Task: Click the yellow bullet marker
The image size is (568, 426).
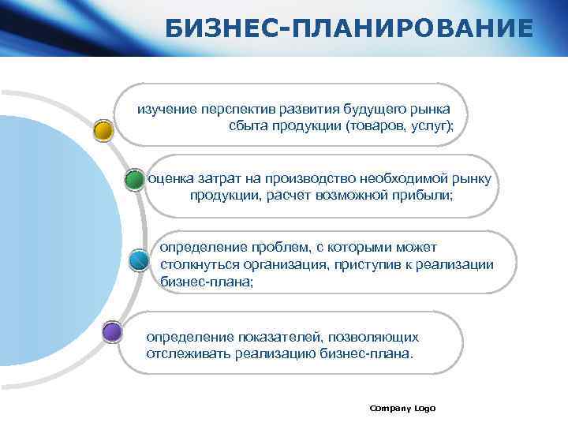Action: (103, 130)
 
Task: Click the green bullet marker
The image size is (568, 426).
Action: (135, 179)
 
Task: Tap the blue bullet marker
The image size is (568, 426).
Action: (138, 259)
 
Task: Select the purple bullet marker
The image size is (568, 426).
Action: (112, 332)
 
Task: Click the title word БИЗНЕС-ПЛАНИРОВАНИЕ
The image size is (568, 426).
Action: (349, 29)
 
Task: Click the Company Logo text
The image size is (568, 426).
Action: (402, 408)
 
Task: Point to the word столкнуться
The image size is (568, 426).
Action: (197, 264)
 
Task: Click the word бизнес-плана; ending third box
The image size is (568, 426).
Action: (207, 281)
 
